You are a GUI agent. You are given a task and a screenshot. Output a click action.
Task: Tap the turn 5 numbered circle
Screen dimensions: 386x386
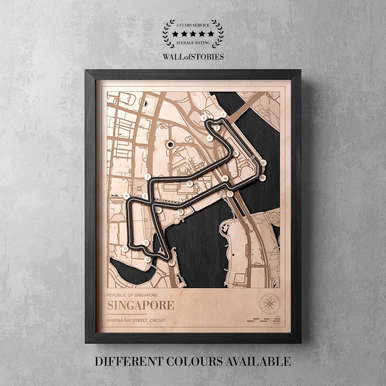coord(235,153)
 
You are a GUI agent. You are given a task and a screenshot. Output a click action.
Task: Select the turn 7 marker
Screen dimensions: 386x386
coord(147,177)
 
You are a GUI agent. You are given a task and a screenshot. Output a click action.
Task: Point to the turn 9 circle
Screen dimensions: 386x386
coord(126,196)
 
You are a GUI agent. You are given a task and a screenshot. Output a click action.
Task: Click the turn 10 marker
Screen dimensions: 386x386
coord(125,248)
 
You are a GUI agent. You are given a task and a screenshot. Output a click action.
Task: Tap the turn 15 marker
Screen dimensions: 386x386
coord(180,212)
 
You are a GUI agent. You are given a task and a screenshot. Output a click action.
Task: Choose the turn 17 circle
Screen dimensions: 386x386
coord(230,194)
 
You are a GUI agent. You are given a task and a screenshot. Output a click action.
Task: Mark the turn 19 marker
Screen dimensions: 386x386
coord(263,164)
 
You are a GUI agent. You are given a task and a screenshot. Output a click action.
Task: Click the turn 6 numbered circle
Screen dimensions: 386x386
coord(190,183)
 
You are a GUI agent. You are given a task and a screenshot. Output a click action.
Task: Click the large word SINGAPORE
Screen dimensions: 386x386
coord(140,305)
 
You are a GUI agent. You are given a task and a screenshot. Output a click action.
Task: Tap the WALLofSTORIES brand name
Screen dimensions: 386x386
coord(193,56)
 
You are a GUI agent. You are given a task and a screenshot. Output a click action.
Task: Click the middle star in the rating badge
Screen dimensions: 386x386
coord(193,34)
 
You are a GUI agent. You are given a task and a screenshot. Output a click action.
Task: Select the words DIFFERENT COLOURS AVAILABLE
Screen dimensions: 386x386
coord(193,361)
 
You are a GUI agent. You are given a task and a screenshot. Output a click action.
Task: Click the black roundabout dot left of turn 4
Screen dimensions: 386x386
coord(169,143)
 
